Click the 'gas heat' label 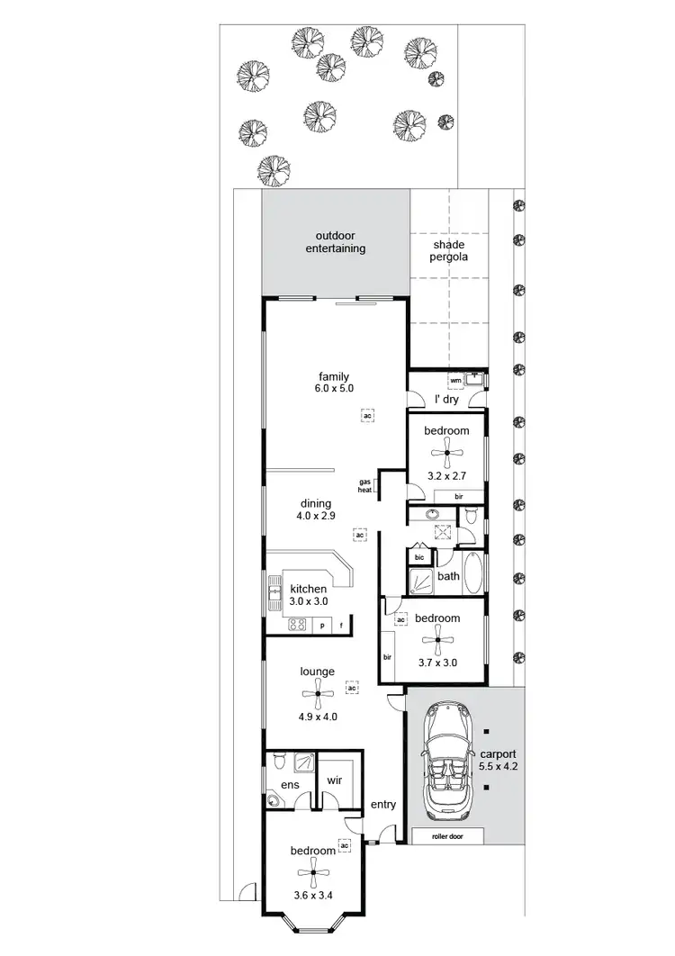[366, 486]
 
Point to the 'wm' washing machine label [455, 381]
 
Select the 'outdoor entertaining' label [335, 242]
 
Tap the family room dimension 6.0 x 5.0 [333, 389]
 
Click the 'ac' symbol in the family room [367, 415]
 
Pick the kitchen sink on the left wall [274, 591]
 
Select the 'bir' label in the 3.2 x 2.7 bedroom [458, 496]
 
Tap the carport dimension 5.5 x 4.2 [498, 761]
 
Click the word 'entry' [383, 804]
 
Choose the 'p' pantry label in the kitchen [321, 625]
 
